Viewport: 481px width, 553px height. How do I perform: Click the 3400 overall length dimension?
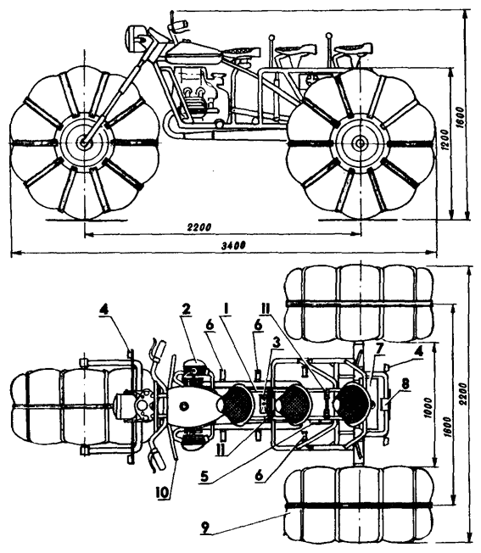click(x=233, y=245)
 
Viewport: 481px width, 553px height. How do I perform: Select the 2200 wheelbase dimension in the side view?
click(x=199, y=226)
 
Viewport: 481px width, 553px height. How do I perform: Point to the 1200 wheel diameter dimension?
click(x=445, y=141)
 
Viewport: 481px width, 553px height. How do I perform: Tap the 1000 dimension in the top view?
click(x=428, y=408)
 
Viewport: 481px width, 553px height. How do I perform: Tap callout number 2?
click(x=186, y=309)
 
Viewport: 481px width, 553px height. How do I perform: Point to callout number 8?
click(x=405, y=384)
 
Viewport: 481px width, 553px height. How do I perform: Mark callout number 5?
click(x=205, y=476)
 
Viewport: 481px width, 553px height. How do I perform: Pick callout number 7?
click(x=379, y=349)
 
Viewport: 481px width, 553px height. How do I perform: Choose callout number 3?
click(x=277, y=341)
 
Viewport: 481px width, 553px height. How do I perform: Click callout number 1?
click(x=227, y=309)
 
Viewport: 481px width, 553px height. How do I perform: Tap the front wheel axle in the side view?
click(x=84, y=142)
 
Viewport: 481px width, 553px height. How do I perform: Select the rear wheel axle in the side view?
click(x=360, y=143)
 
